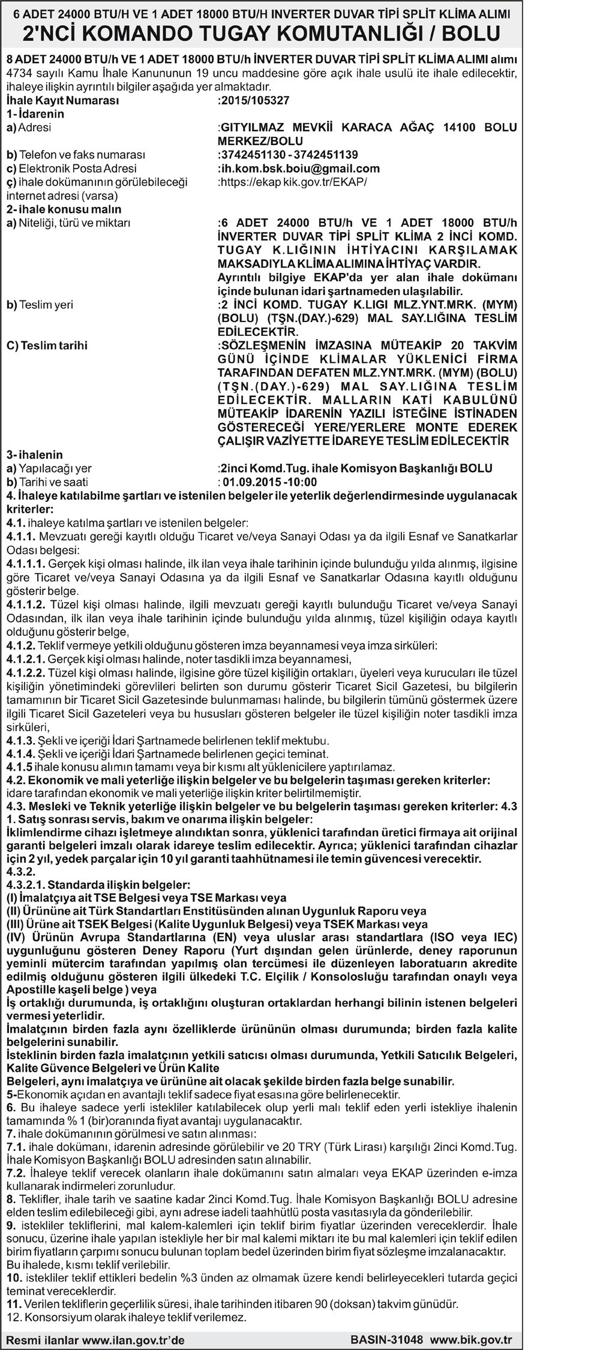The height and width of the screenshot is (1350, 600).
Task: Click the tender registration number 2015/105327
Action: pyautogui.click(x=255, y=101)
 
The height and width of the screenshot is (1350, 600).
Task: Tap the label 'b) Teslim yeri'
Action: pyautogui.click(x=40, y=305)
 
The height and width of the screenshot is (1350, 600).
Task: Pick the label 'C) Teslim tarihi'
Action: pyautogui.click(x=47, y=345)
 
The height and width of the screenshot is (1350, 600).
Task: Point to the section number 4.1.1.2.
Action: pyautogui.click(x=26, y=605)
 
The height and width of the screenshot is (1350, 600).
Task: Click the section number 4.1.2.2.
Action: pyautogui.click(x=26, y=674)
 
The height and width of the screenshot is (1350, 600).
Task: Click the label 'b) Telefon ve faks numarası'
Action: pyautogui.click(x=76, y=155)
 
